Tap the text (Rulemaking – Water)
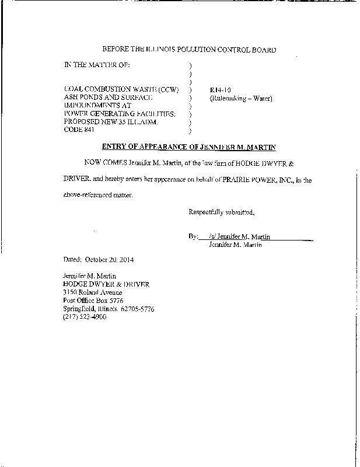tap(240, 98)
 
